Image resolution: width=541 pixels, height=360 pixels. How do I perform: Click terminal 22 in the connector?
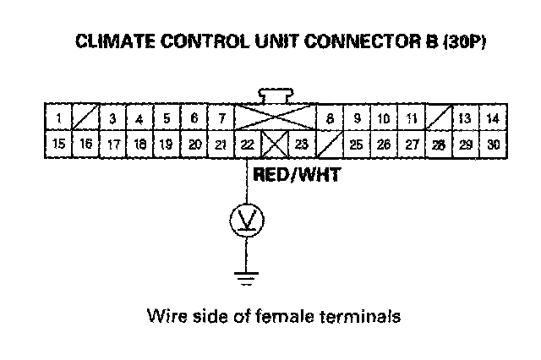coord(248,145)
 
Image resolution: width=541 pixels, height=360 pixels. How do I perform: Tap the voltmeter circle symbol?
coord(247,220)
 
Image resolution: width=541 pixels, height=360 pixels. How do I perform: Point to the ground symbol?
coord(246,279)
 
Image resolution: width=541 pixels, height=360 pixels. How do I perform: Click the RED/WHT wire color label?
coord(297,174)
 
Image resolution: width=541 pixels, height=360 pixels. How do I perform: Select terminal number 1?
coord(58,117)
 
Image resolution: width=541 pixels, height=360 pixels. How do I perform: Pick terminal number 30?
coord(494,145)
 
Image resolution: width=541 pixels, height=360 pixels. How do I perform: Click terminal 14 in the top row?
coord(494,118)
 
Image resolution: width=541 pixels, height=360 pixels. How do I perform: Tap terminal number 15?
coord(58,144)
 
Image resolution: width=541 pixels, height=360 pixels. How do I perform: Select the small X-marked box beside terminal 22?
coord(275,145)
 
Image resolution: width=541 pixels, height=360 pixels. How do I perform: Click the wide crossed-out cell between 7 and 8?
coord(276,117)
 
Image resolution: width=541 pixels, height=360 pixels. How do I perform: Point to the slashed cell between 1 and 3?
coord(85,117)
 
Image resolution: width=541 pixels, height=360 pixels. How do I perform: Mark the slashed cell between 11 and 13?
coord(439,117)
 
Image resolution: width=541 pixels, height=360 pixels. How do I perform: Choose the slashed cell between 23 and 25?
coord(330,145)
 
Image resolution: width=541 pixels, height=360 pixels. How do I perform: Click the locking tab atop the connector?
coord(276,95)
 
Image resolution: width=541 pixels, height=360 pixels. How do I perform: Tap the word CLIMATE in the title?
coord(115,41)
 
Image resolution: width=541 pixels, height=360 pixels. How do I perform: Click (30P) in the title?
coord(465,41)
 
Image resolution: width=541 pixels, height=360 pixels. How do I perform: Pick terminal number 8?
coord(330,118)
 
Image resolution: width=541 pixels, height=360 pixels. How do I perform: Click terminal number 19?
coord(167,145)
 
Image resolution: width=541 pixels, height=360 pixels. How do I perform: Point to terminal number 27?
coord(412,145)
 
